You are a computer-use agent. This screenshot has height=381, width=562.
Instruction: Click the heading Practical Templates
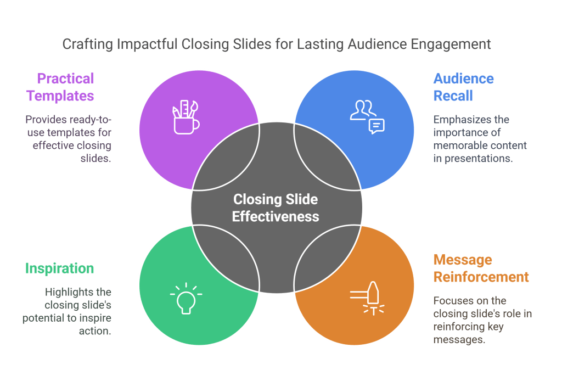[60, 87]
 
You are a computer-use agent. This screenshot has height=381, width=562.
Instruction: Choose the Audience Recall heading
[456, 87]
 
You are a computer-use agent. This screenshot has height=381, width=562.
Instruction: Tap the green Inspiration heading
[59, 268]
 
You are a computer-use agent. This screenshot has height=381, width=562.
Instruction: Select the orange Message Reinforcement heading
[481, 268]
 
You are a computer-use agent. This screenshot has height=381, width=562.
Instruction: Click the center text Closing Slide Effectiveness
[276, 208]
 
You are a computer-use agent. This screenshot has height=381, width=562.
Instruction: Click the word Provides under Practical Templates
[46, 119]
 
